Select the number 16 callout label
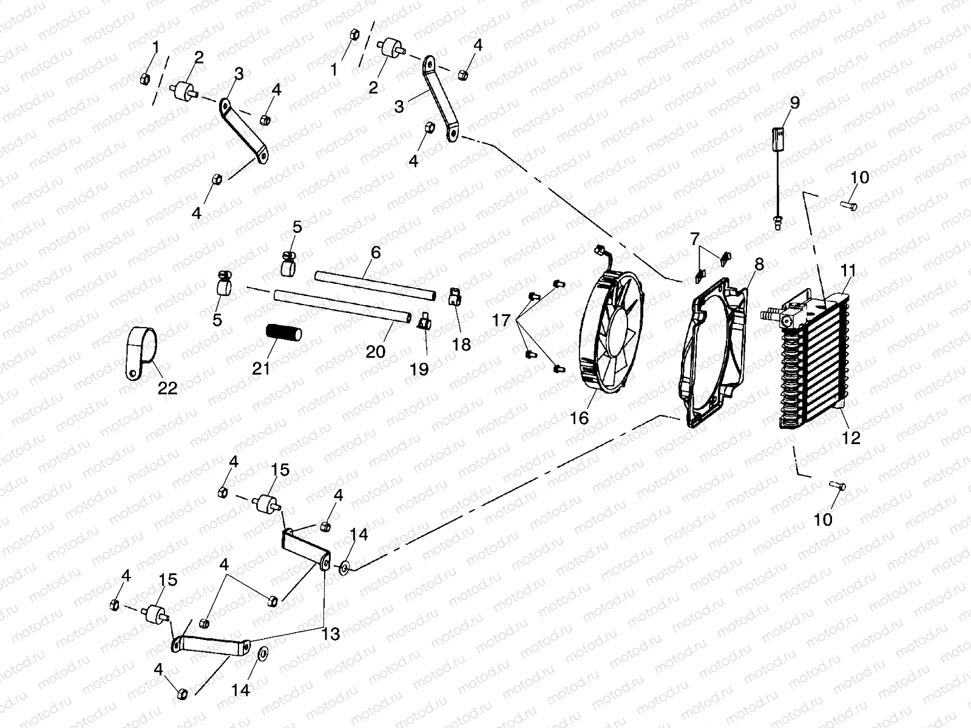coord(580,417)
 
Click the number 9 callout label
coord(794,103)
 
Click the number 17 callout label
coord(502,320)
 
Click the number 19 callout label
coord(419,368)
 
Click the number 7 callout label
coord(694,238)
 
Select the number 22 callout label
coord(167,388)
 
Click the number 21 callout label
coord(261,368)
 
